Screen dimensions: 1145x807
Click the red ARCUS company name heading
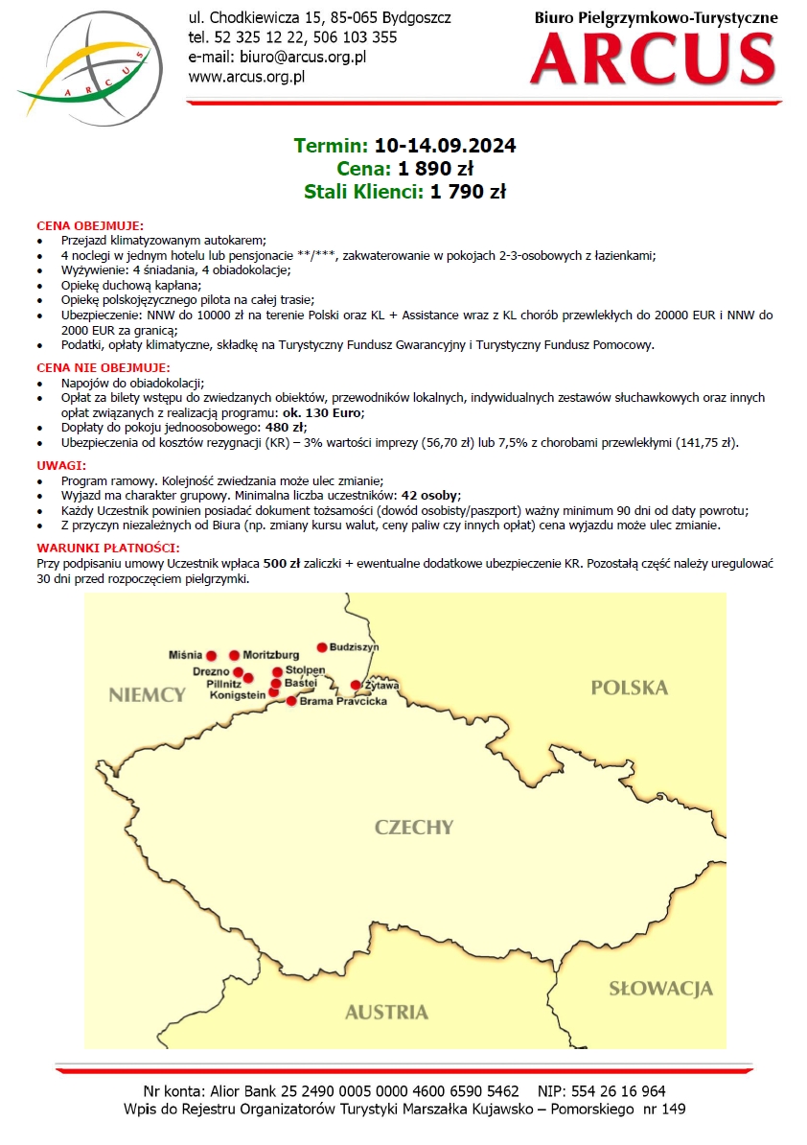(653, 58)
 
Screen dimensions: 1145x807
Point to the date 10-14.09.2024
(445, 146)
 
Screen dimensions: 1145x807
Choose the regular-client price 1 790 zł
(468, 192)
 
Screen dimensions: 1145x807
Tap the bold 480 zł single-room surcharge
(286, 427)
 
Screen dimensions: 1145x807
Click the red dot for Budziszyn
(322, 647)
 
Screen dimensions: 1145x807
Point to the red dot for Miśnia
(212, 655)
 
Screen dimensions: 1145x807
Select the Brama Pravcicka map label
(343, 702)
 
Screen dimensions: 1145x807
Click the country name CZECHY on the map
(414, 827)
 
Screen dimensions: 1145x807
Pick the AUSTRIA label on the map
(386, 1012)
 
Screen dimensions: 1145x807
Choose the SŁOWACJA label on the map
(660, 989)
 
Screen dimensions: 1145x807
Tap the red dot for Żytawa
(356, 685)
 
